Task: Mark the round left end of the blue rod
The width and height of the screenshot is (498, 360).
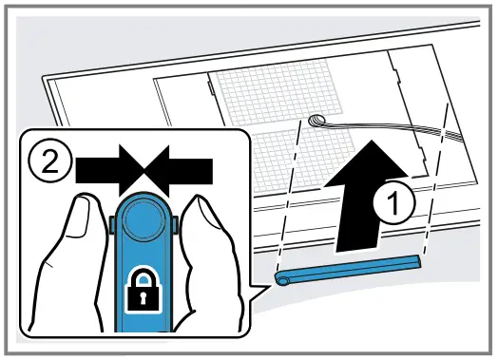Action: point(281,279)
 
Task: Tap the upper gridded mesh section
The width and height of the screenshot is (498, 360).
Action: point(285,95)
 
